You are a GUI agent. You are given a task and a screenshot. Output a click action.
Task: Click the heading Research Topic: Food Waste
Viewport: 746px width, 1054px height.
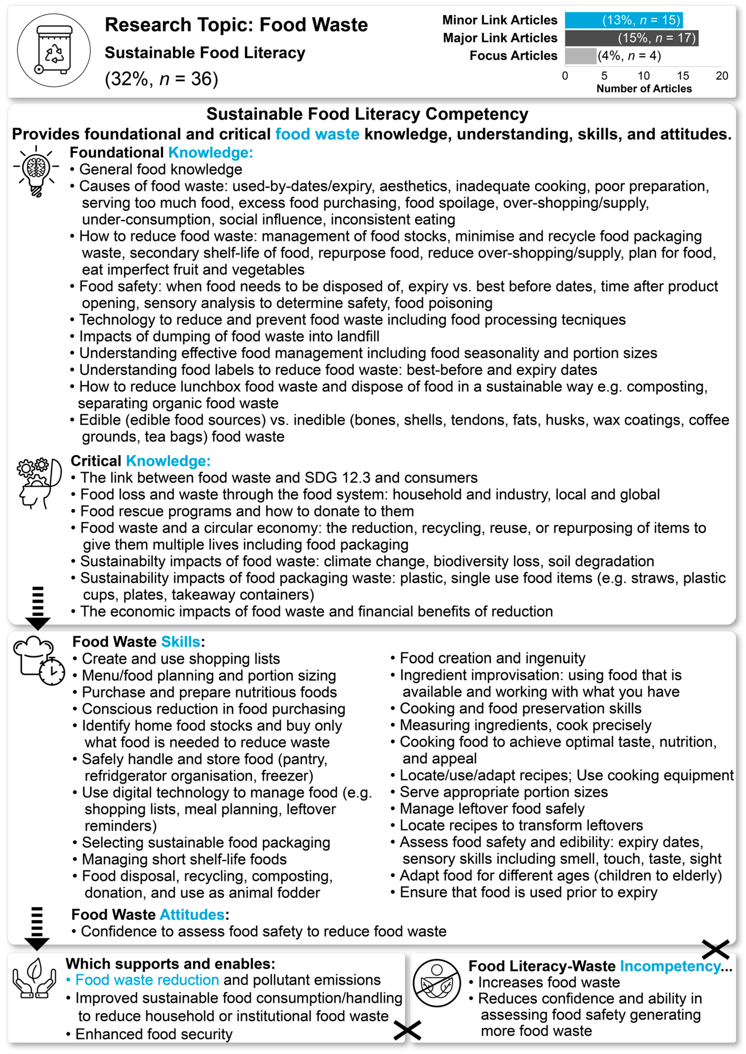pyautogui.click(x=236, y=25)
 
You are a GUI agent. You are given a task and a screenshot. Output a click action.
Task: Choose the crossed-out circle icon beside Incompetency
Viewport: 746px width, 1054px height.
pyautogui.click(x=436, y=982)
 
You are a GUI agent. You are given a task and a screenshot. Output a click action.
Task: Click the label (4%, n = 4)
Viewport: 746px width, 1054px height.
pyautogui.click(x=629, y=56)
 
